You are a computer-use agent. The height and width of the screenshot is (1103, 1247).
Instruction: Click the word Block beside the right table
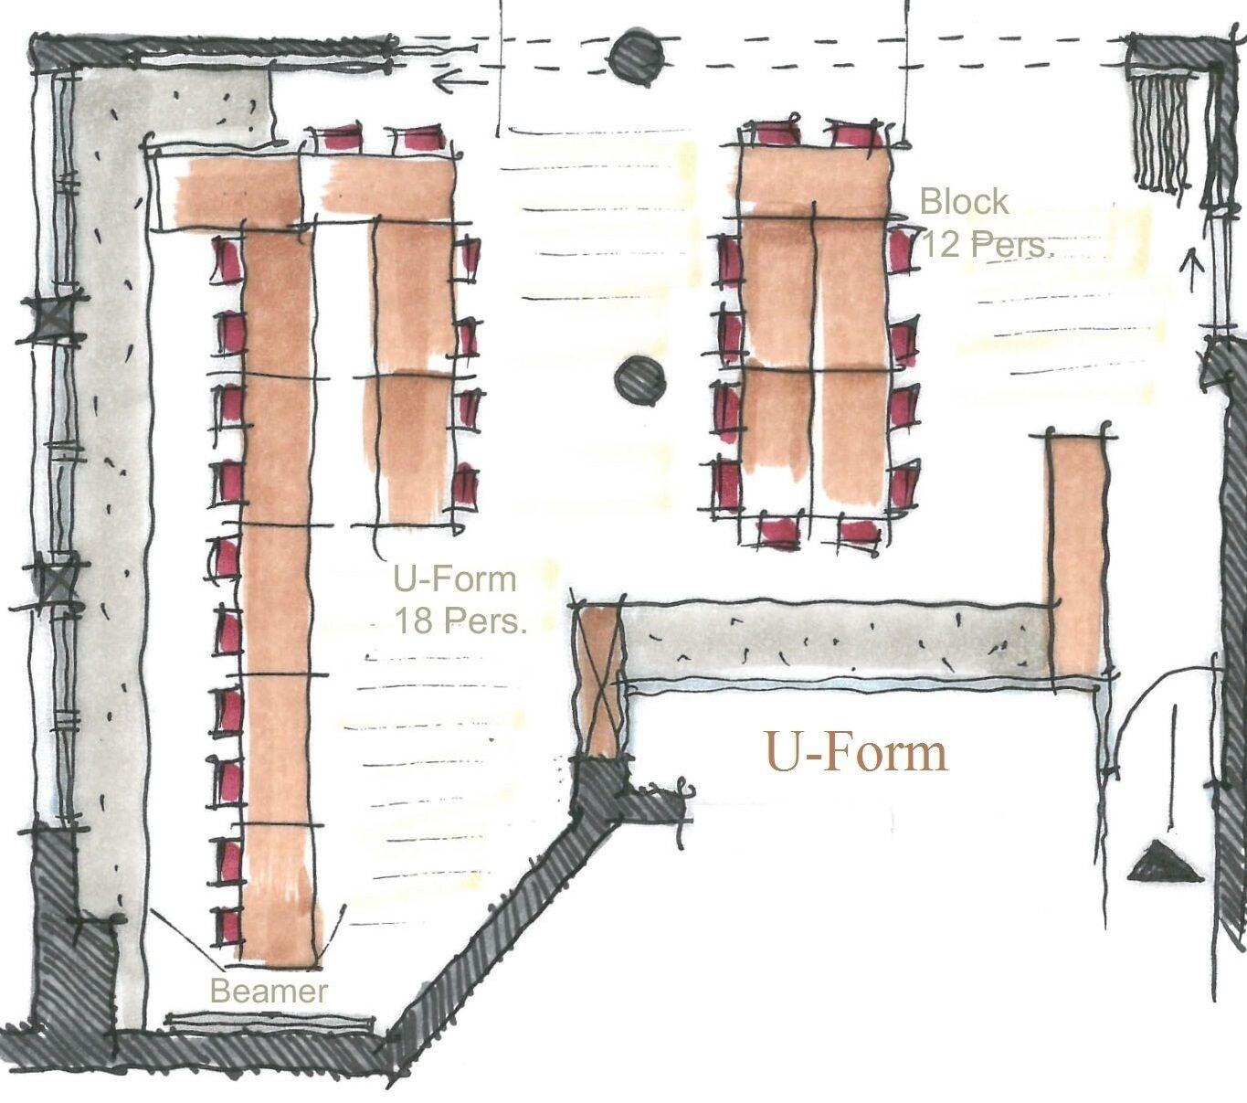tap(964, 201)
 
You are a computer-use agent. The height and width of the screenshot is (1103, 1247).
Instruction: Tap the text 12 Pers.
tap(988, 244)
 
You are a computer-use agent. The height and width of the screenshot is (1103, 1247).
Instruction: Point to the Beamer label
tap(269, 991)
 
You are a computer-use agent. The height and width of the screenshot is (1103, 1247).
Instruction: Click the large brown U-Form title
tap(855, 752)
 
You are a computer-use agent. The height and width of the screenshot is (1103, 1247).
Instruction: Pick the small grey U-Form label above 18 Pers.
tap(455, 578)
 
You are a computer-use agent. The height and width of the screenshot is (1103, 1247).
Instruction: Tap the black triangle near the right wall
tap(1159, 862)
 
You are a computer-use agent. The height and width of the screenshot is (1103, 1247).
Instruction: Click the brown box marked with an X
tap(600, 681)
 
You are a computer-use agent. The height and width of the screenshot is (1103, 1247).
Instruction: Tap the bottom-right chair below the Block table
tap(857, 533)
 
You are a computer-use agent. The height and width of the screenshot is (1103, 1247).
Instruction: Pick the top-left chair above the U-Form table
tap(333, 140)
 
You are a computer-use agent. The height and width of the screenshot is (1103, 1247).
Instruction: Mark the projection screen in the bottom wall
tap(269, 1022)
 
